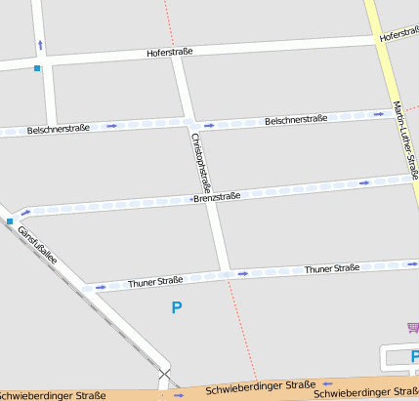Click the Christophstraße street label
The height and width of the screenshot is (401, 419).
pos(203,161)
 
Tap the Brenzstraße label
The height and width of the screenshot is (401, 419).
pos(217,197)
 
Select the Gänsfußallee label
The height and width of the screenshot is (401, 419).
pos(38,245)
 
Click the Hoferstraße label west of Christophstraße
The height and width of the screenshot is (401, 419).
pos(170,52)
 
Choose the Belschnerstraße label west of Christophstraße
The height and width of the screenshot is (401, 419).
pos(59,129)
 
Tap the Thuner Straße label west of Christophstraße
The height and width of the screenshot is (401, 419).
pos(155,283)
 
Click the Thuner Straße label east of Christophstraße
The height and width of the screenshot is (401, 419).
pos(332,268)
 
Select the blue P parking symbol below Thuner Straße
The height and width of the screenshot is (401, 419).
pos(177,307)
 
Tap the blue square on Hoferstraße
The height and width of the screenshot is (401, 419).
pos(37,68)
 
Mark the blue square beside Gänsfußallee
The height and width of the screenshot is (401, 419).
pos(10,222)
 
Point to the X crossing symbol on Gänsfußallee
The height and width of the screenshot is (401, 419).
pos(164,373)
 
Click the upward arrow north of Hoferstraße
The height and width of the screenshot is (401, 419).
pos(40,44)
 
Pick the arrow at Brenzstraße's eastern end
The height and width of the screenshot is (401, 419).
pos(364,182)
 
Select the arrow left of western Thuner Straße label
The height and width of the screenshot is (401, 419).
pos(99,287)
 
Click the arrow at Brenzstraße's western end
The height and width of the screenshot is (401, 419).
pos(25,211)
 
